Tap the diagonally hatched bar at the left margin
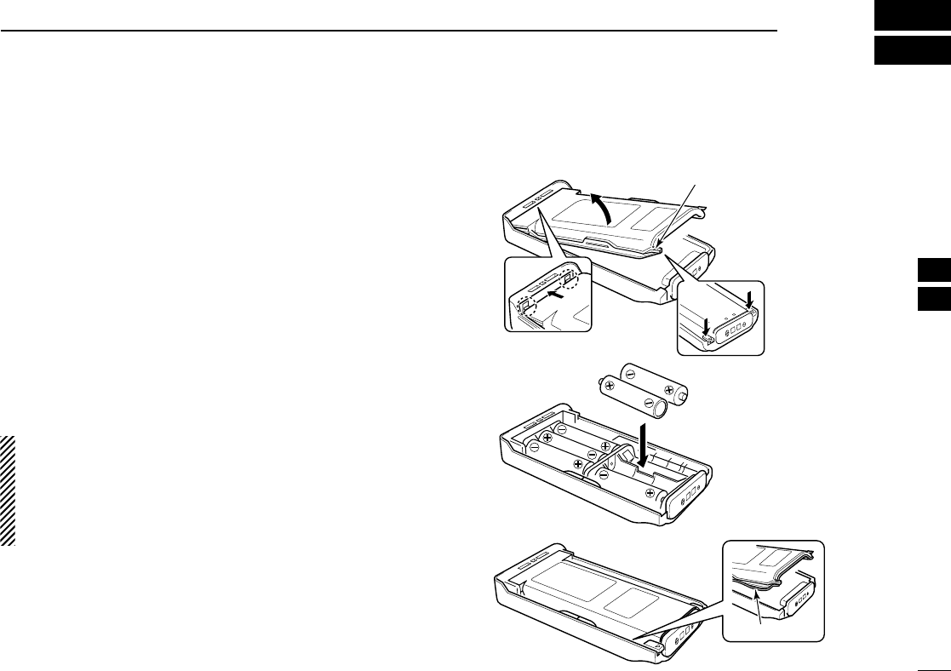tap(9, 490)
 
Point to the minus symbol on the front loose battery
tap(648, 403)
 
